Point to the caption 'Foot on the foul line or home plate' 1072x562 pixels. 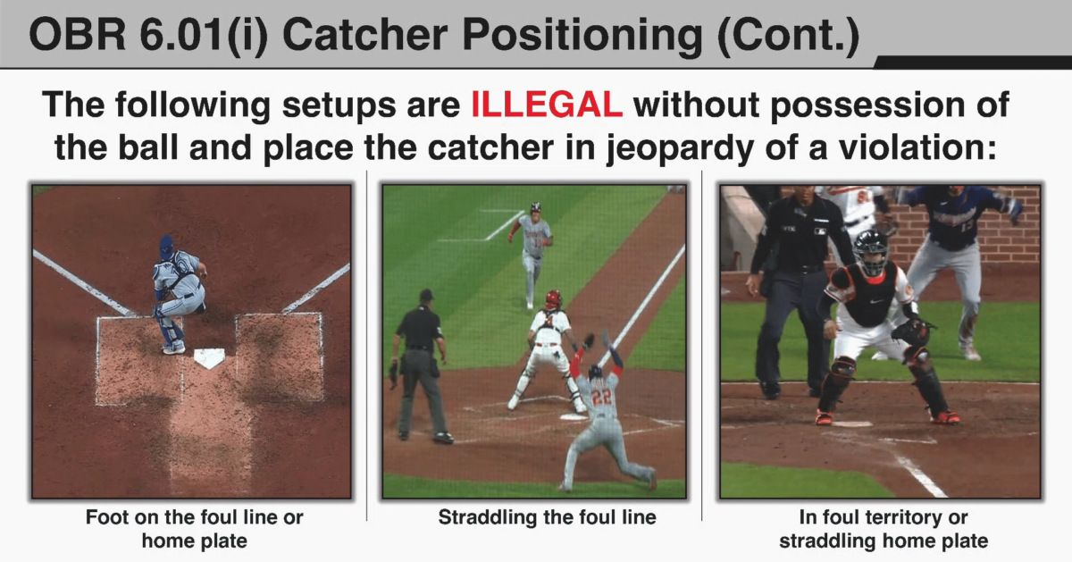[194, 529]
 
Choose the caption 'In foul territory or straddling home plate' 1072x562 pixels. [884, 529]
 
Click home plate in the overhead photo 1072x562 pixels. [208, 358]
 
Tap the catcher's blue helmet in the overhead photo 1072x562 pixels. [166, 247]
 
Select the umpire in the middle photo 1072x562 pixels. [420, 362]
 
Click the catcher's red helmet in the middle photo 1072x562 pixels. [554, 298]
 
